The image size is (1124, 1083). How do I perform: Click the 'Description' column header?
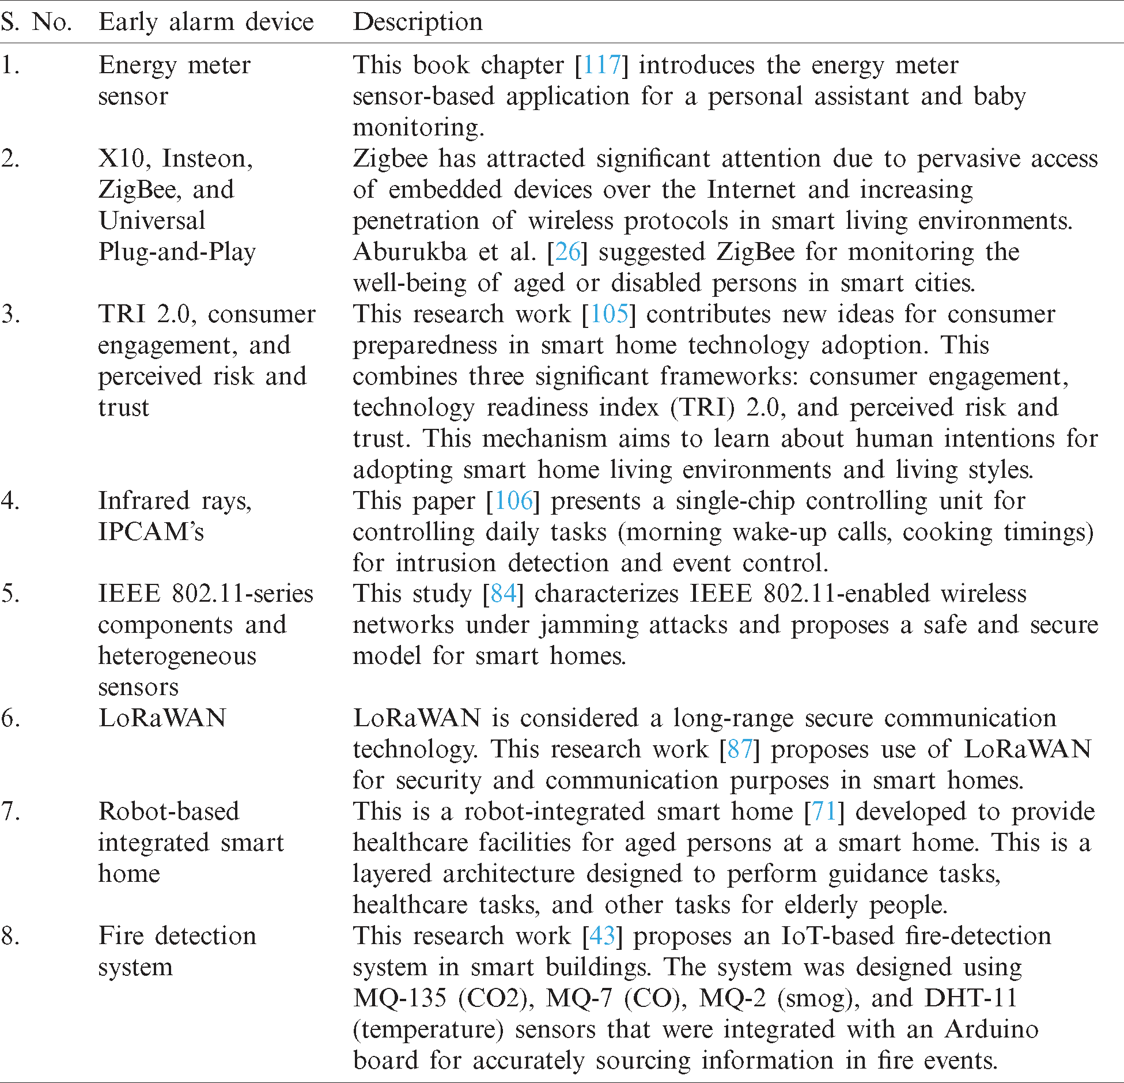click(x=418, y=22)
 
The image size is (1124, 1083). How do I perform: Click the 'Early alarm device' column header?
click(x=206, y=22)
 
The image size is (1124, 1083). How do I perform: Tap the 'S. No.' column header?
click(x=36, y=22)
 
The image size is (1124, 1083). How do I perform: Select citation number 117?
click(x=601, y=65)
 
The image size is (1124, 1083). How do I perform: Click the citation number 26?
click(x=567, y=252)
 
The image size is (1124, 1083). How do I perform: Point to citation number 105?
click(x=609, y=314)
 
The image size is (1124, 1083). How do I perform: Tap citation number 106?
click(x=513, y=501)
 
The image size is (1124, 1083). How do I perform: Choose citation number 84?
click(x=503, y=594)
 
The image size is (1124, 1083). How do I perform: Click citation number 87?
click(x=740, y=749)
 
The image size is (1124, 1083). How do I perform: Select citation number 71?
click(x=824, y=812)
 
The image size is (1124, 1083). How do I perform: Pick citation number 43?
click(x=602, y=936)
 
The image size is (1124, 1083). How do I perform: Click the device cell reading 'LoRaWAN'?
click(x=162, y=718)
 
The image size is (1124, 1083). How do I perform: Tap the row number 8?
click(x=10, y=936)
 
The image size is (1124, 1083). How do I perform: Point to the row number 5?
click(x=10, y=594)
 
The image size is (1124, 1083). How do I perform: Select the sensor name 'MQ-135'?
click(x=400, y=998)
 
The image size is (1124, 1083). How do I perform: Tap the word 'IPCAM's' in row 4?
click(x=151, y=532)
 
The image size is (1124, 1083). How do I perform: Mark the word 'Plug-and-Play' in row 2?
click(x=177, y=252)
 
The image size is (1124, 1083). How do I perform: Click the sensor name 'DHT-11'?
click(x=971, y=998)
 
